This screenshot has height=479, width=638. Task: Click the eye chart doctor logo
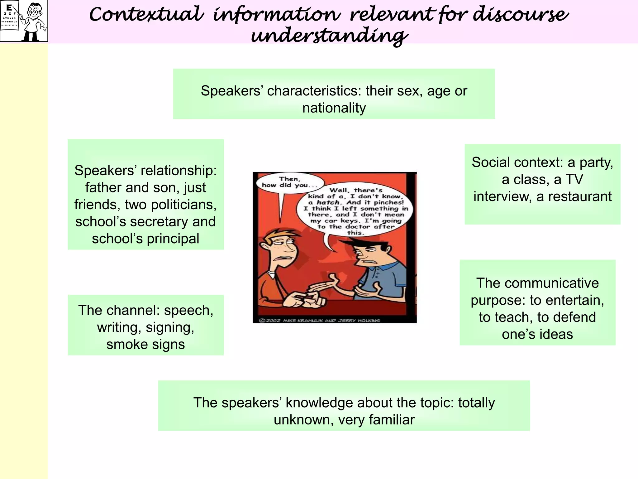[24, 21]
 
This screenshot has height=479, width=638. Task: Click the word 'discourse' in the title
[520, 15]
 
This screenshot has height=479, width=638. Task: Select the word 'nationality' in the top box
[334, 108]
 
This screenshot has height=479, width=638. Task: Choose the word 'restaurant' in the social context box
[580, 196]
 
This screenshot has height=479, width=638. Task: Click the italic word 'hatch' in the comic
[328, 202]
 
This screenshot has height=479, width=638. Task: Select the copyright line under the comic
[321, 320]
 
